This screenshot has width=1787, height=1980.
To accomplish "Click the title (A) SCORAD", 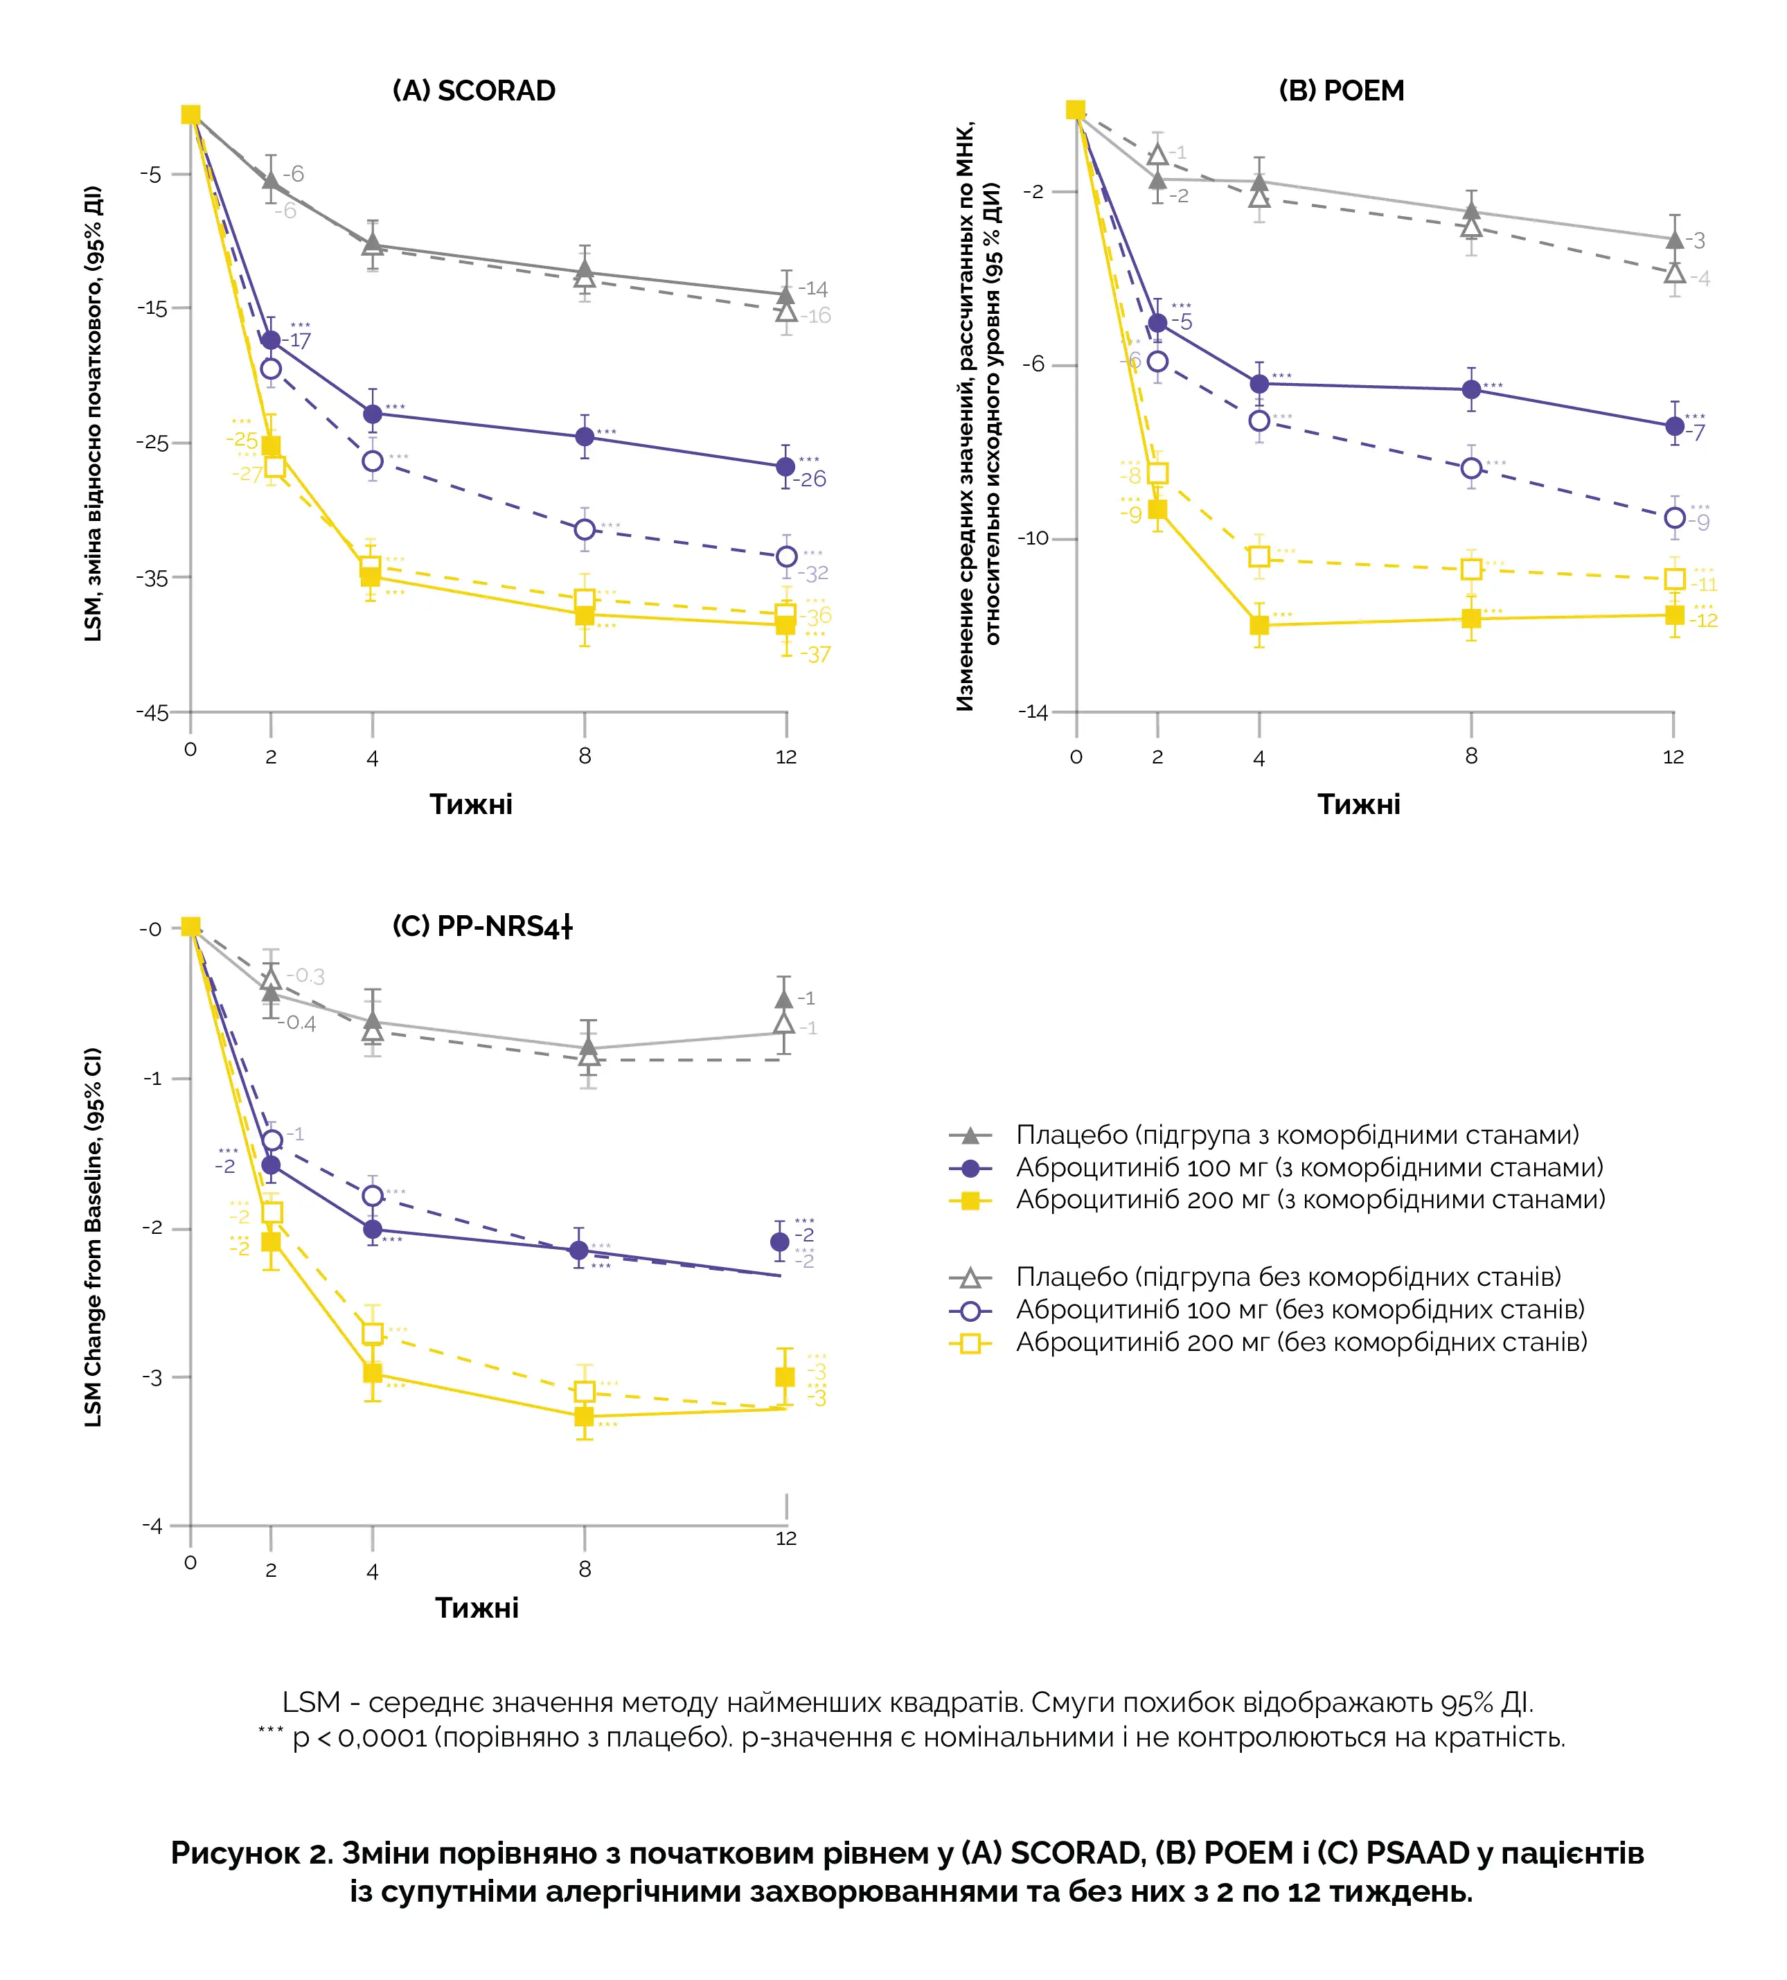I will (474, 90).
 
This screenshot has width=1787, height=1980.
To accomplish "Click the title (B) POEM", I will (1341, 90).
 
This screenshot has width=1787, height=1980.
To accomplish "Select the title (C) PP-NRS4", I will (481, 926).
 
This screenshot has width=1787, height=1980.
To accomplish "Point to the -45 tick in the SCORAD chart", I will (153, 712).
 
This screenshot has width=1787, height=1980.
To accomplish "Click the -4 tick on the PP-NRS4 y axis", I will (152, 1526).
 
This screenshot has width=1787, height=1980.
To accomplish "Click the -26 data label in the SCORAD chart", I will (811, 479).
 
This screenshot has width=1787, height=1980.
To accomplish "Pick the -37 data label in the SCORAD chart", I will (815, 654).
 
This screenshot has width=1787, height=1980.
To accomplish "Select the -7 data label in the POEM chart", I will (1696, 433).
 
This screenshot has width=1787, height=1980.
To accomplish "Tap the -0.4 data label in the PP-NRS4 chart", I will (296, 1023).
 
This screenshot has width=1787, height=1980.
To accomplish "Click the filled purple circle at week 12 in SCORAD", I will (785, 466).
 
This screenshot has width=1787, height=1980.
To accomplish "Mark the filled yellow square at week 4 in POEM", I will (1259, 625).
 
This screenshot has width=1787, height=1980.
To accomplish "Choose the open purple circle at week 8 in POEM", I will (1471, 468).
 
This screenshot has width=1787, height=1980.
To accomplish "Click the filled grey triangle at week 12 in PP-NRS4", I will (783, 999).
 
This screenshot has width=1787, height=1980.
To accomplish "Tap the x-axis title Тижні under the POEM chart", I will (1359, 804).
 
